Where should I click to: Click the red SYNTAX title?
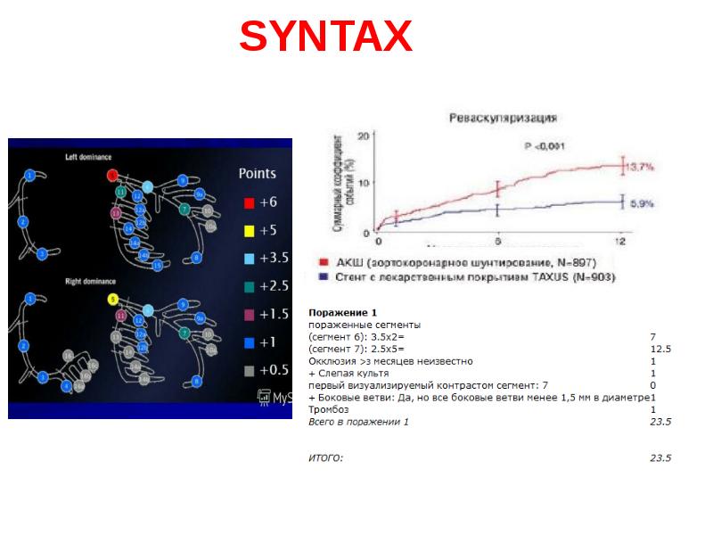coord(325,37)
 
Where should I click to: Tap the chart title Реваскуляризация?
coord(504,117)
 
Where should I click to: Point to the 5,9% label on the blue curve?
coord(641,203)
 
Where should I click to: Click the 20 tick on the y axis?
coord(362,136)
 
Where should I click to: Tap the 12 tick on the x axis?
coord(620,242)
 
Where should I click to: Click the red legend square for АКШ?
coord(324,262)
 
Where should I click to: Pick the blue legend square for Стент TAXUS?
coord(324,276)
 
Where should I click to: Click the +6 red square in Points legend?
coord(249,202)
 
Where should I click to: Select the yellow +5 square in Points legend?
coord(249,230)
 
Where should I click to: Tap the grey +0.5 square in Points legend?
coord(249,370)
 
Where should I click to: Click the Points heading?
coord(257,173)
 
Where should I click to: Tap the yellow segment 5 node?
coord(113,299)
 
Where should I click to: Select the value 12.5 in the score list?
coord(660,350)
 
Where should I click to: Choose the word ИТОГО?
coord(325,457)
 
